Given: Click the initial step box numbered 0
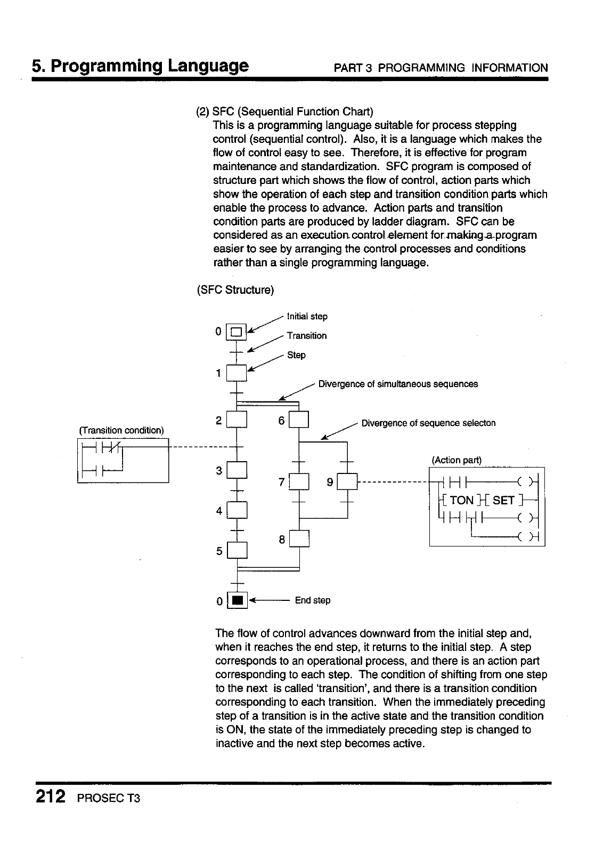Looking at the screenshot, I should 237,331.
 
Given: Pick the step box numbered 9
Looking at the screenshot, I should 347,482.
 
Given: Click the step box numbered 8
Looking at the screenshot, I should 299,540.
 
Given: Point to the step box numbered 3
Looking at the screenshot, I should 237,470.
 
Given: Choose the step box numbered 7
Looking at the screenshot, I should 299,482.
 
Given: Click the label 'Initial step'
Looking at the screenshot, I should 307,317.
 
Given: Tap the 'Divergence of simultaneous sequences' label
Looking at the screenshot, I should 398,384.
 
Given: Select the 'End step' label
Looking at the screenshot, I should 313,600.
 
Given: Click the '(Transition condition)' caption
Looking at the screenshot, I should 121,430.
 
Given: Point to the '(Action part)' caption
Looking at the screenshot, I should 456,460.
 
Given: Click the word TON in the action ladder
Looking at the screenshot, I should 462,500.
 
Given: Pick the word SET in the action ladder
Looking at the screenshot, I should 503,500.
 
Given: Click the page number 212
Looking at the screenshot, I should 51,797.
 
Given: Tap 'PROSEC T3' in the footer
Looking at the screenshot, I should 108,799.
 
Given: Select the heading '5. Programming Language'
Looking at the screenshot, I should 140,66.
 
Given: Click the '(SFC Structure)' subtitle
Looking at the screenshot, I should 235,291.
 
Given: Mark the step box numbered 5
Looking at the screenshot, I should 237,550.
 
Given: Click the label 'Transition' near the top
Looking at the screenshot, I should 307,336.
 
